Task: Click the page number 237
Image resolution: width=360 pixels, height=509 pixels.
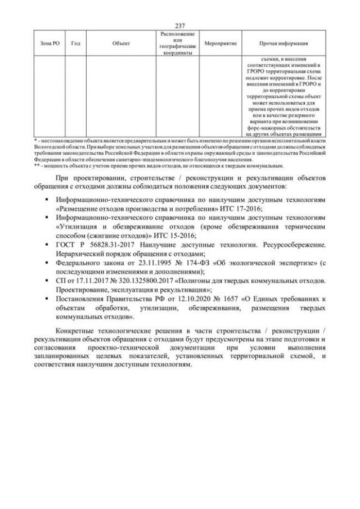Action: [x=180, y=26]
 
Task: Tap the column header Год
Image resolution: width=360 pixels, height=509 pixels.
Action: [x=75, y=43]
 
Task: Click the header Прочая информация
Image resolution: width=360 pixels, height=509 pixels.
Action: [x=283, y=43]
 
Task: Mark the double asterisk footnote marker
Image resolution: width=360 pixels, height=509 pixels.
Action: [x=37, y=165]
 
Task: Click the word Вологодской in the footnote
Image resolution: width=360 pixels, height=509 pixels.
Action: [x=50, y=145]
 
